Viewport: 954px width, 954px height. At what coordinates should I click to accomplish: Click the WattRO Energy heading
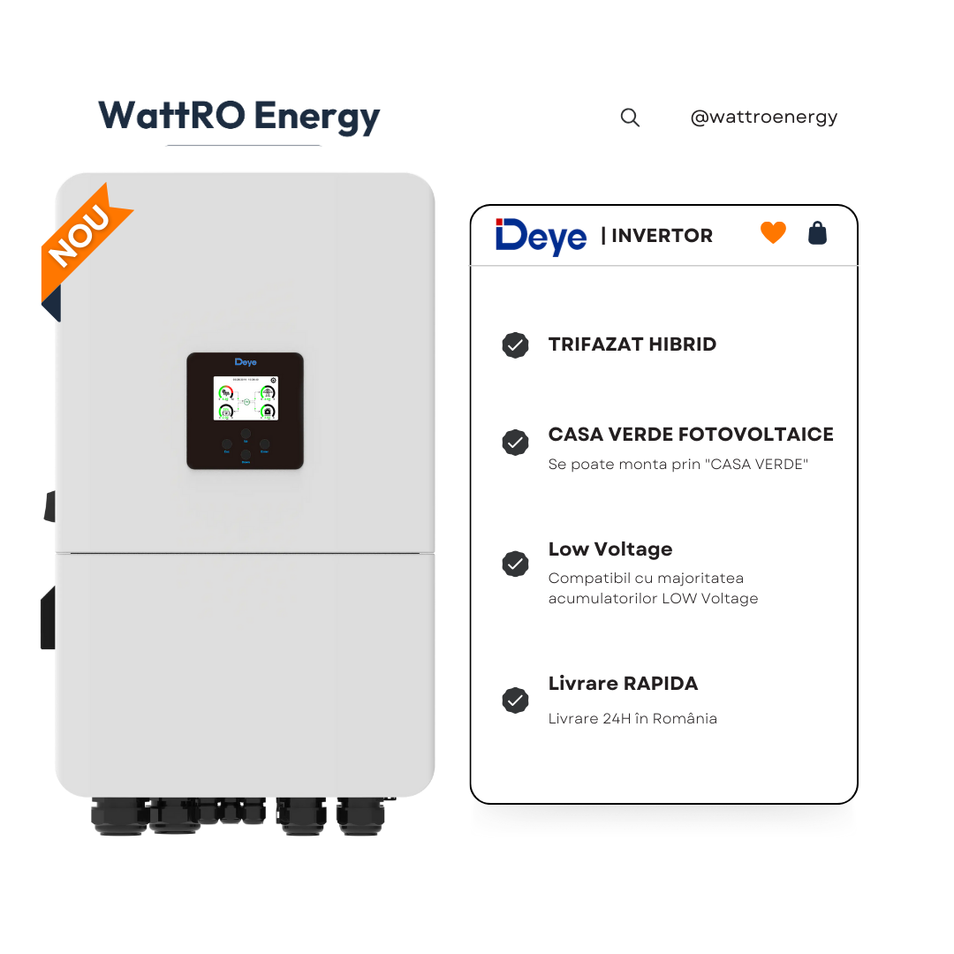click(x=238, y=117)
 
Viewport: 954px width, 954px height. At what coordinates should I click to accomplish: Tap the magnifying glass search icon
click(x=630, y=117)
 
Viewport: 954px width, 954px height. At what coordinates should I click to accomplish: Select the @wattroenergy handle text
click(x=763, y=117)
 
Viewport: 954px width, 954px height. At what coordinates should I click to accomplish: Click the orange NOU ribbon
click(x=81, y=236)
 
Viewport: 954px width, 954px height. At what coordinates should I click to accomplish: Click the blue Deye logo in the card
click(x=541, y=236)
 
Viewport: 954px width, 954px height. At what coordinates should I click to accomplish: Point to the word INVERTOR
click(x=662, y=236)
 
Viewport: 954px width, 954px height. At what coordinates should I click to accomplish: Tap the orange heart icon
click(x=773, y=233)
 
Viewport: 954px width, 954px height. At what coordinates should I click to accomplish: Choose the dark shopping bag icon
click(x=818, y=233)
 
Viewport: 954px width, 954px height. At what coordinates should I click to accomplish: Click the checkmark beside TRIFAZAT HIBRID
click(x=515, y=345)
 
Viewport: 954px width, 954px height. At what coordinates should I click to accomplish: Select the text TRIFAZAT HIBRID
click(x=632, y=344)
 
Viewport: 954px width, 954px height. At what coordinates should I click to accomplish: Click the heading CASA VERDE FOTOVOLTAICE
click(x=691, y=435)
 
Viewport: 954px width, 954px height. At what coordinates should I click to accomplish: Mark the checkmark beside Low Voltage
click(x=515, y=564)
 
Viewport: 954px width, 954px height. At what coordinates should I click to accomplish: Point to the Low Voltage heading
click(x=609, y=549)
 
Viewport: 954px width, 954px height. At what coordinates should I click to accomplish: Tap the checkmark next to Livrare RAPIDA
click(x=515, y=700)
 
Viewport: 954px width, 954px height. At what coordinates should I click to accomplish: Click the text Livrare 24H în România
click(x=632, y=718)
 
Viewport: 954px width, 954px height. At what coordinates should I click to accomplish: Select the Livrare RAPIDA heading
click(x=623, y=684)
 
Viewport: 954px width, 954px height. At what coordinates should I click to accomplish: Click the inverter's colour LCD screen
click(x=246, y=398)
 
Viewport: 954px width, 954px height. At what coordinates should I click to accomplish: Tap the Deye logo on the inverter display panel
click(x=246, y=362)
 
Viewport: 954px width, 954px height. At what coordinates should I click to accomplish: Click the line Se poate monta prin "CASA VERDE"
click(x=678, y=465)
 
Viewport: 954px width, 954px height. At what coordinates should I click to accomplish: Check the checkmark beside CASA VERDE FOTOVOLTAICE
click(x=515, y=443)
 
